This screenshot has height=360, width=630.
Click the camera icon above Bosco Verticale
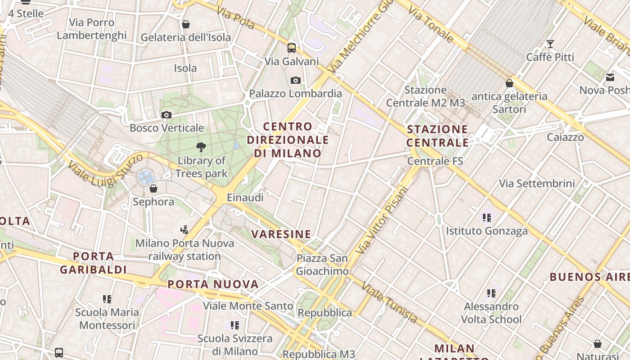click(166, 115)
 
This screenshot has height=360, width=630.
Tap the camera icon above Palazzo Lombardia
click(295, 80)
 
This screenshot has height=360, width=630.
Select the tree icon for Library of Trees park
click(201, 147)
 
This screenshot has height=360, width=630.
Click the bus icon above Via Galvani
click(292, 48)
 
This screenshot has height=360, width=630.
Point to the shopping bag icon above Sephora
click(153, 188)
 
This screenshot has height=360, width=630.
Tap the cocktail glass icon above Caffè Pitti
click(550, 44)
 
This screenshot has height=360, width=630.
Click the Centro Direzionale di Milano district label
click(288, 140)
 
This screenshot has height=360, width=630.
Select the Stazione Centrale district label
click(437, 136)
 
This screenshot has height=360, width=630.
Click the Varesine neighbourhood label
click(281, 234)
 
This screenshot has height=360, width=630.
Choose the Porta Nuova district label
click(213, 284)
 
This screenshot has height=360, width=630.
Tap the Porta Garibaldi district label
click(94, 263)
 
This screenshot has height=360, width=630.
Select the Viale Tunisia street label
click(390, 303)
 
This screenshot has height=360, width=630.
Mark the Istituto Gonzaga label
click(486, 231)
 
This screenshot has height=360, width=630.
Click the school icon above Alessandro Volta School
click(491, 293)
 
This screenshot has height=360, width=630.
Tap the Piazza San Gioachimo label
click(322, 265)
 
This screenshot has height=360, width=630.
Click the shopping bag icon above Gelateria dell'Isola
click(185, 24)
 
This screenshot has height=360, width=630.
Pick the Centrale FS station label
click(435, 161)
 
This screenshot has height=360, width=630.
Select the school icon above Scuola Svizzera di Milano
click(234, 325)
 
